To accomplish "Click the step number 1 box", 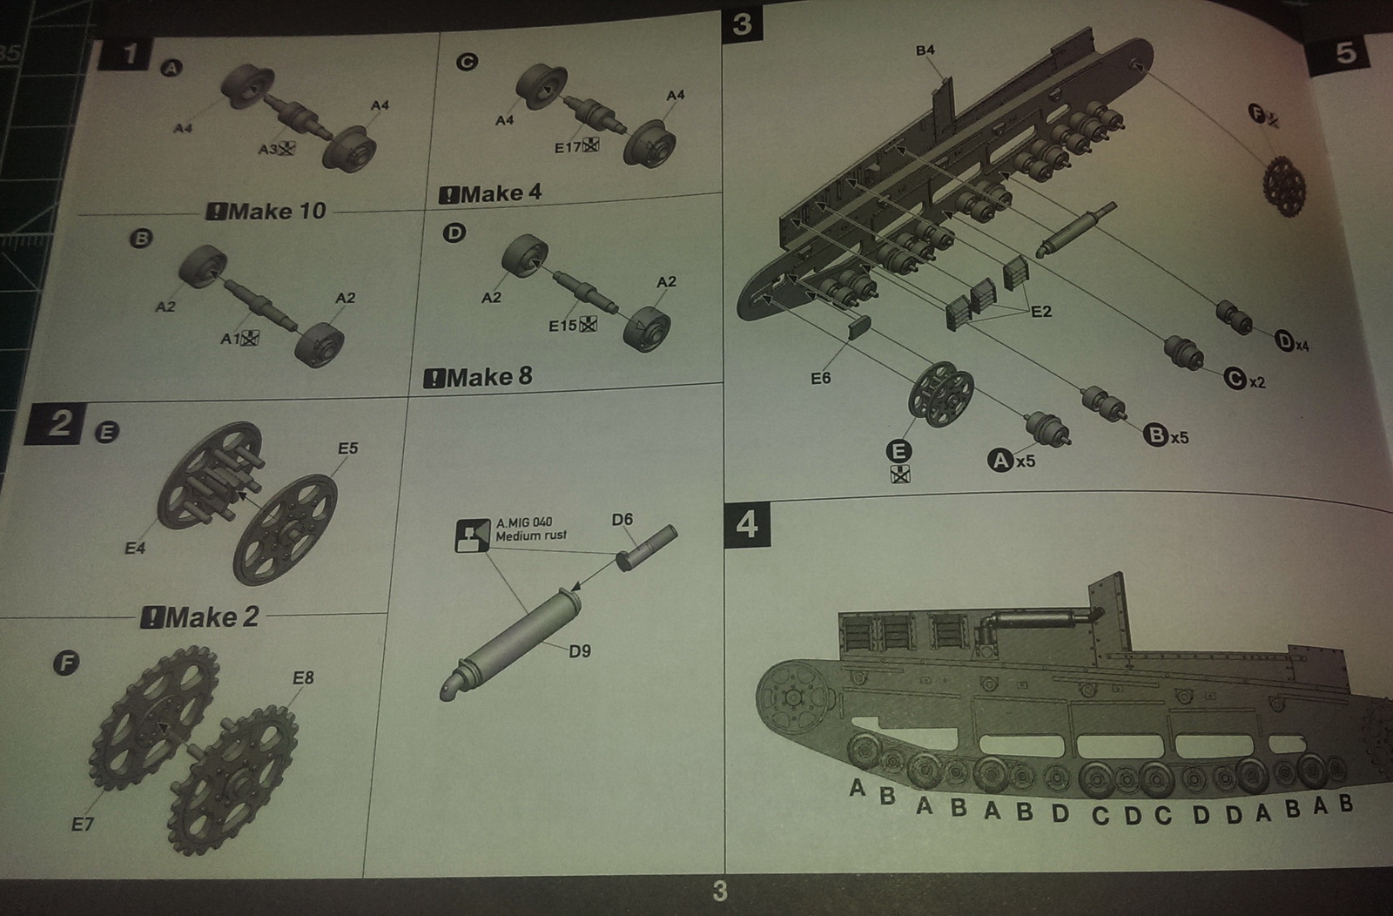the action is pyautogui.click(x=130, y=54).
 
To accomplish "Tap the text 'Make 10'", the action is pyautogui.click(x=266, y=211).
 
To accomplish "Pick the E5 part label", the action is pyautogui.click(x=347, y=448).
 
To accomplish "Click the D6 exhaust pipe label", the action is pyautogui.click(x=622, y=520).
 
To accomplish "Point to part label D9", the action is pyautogui.click(x=580, y=650).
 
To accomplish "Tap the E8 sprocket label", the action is pyautogui.click(x=303, y=677).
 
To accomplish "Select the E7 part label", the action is pyautogui.click(x=82, y=823).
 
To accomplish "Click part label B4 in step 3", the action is pyautogui.click(x=925, y=51).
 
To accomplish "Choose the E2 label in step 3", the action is pyautogui.click(x=1040, y=312).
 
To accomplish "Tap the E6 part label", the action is pyautogui.click(x=820, y=379).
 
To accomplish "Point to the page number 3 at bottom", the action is pyautogui.click(x=719, y=891).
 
